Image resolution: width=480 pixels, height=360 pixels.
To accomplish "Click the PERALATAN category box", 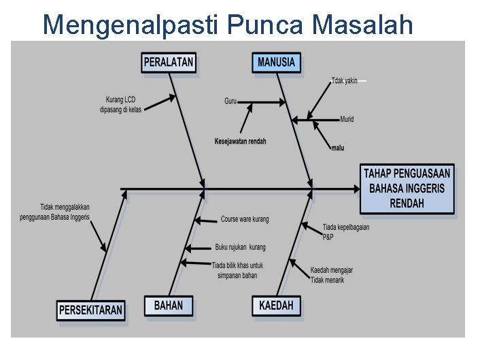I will coord(169,63).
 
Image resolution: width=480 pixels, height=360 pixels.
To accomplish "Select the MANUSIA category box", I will coord(277,63).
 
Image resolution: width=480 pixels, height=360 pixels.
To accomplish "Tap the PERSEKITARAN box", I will coord(90,310).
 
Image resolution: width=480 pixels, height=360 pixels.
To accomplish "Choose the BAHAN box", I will coord(168,306).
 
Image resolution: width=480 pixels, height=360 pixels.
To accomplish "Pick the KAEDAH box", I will coord(276,306).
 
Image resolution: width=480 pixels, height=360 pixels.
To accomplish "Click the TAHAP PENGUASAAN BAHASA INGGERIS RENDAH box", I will coord(407,189).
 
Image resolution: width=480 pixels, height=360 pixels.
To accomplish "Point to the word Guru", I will coord(230,101).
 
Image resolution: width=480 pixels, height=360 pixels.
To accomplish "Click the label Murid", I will coord(347,120).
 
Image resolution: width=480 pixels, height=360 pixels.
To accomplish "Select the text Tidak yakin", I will coord(345,80).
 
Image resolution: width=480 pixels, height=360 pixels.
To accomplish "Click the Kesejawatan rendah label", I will coord(241,142).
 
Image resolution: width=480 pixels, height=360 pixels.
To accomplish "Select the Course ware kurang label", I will coord(244,220).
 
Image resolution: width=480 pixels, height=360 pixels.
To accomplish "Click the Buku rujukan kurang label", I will coord(240,247).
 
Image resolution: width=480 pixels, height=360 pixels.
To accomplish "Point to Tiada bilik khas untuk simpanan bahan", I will coord(237,269).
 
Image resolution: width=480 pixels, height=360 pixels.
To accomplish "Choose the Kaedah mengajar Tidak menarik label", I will coord(331,275).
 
